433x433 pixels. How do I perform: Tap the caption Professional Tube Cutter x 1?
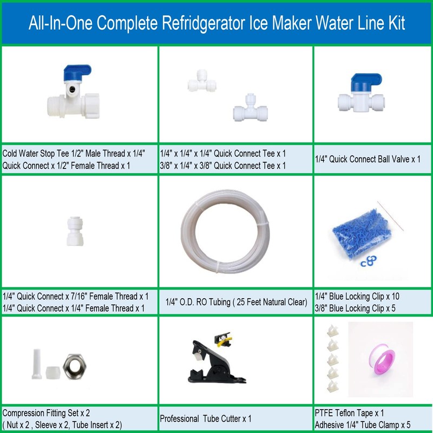206,418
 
